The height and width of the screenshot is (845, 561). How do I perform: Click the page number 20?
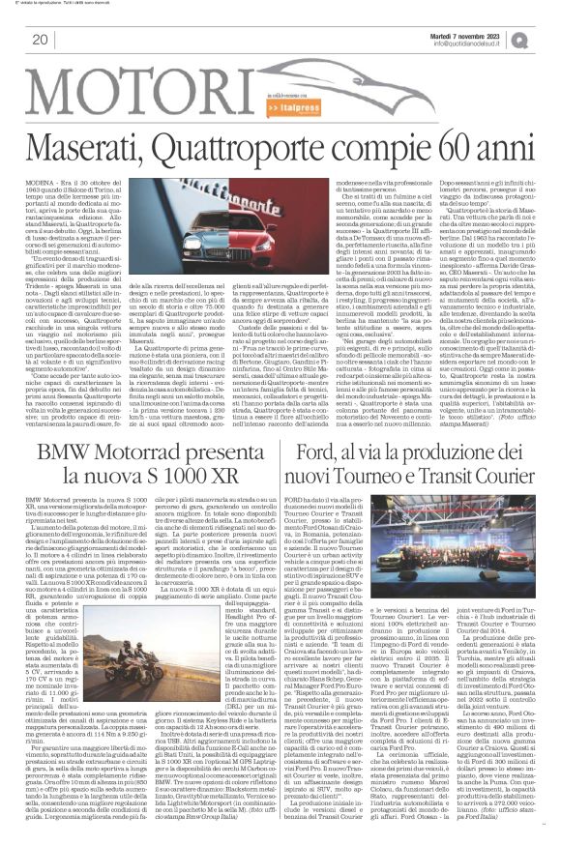coord(40,40)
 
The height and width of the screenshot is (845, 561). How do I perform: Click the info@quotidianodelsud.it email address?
coord(482,44)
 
